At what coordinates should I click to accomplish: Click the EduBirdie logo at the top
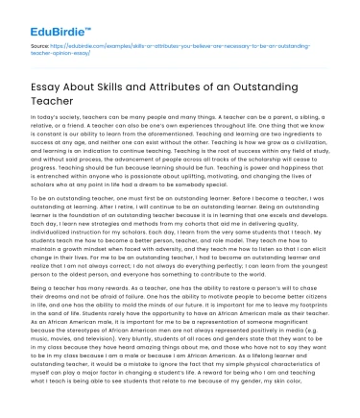pos(44,17)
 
